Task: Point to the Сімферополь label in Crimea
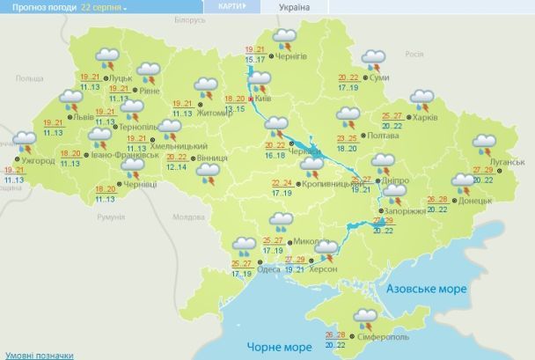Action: [383, 337]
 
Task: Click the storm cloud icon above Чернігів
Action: [284, 38]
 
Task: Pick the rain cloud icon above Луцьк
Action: [111, 60]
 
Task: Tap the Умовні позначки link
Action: [36, 354]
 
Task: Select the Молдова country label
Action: [188, 217]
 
